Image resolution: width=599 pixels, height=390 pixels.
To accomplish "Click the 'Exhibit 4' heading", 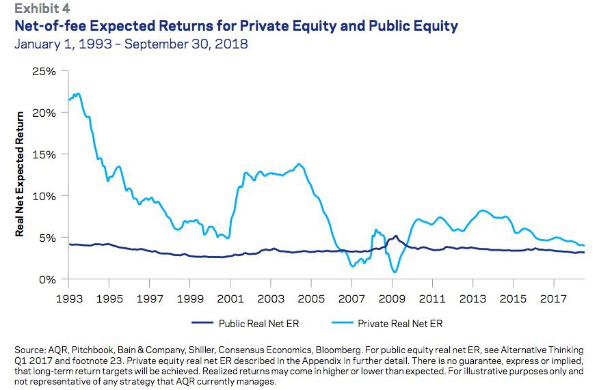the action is [x=42, y=8].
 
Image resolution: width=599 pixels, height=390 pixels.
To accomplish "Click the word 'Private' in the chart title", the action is [x=267, y=26].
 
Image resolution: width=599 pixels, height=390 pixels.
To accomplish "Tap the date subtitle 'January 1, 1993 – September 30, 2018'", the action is [x=131, y=44].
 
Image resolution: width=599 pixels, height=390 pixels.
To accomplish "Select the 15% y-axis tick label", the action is [x=44, y=154].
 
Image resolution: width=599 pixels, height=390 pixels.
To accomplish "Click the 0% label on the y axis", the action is [x=47, y=280].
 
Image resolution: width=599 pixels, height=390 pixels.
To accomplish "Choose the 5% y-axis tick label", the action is [x=46, y=238].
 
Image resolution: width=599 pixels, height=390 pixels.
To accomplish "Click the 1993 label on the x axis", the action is [x=69, y=298].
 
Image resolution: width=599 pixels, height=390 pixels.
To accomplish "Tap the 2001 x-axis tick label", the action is [x=230, y=298].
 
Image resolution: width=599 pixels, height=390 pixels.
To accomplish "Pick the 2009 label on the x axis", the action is [x=392, y=298].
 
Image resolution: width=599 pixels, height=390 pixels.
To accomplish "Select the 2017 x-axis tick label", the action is [x=554, y=298].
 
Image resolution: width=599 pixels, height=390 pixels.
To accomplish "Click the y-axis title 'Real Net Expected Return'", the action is [x=19, y=174].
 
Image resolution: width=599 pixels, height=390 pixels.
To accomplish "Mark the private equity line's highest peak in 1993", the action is [x=77, y=93].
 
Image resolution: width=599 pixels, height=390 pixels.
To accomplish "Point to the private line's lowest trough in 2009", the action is [x=395, y=272].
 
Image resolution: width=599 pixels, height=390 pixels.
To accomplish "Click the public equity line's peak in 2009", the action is [x=395, y=236].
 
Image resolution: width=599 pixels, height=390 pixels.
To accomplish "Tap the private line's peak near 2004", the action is [x=299, y=164].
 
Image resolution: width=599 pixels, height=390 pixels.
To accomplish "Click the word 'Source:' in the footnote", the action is [x=30, y=350].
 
